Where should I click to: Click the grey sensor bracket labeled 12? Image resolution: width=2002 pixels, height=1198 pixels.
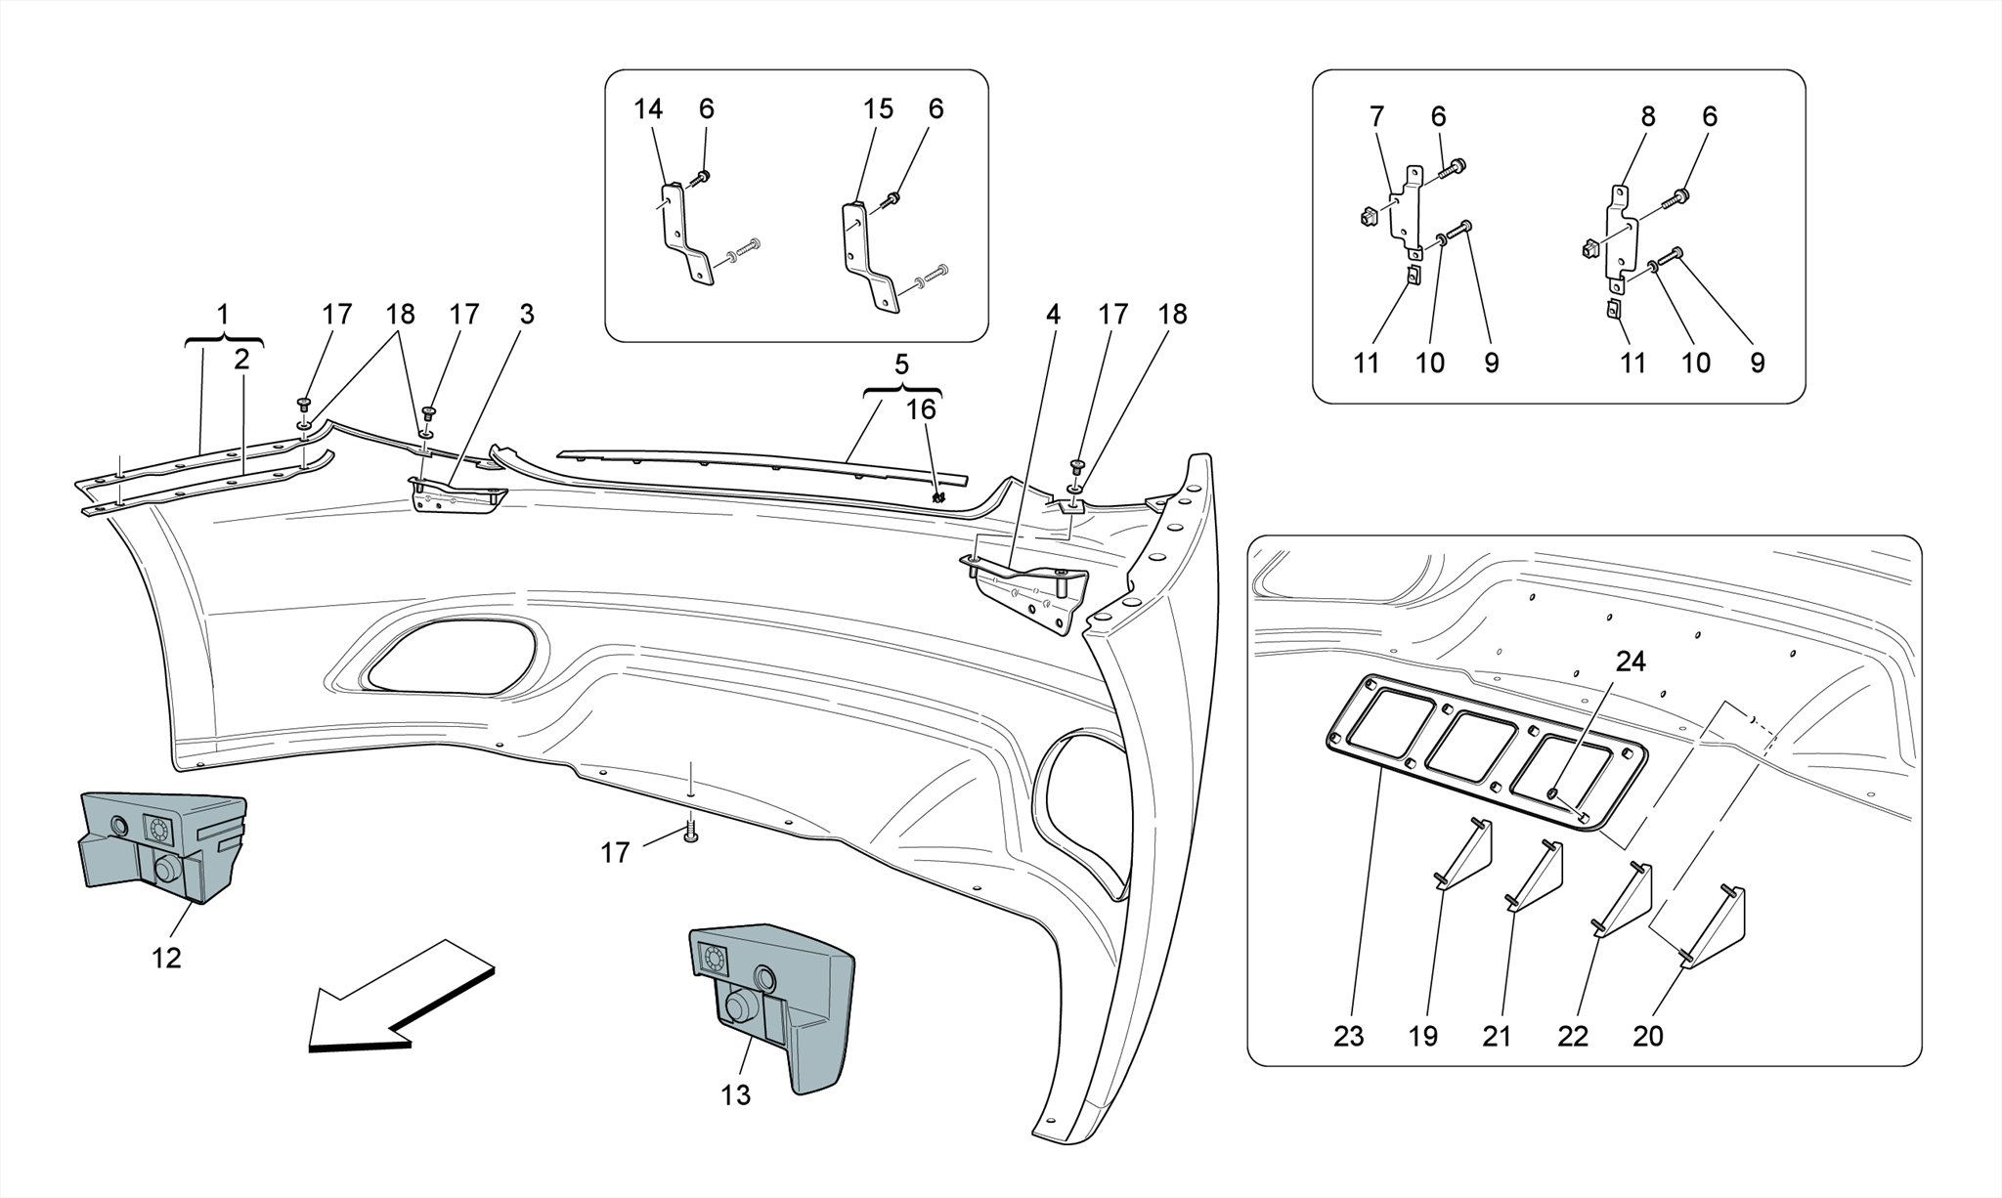[161, 845]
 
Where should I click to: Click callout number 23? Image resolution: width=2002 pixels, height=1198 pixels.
[1348, 1036]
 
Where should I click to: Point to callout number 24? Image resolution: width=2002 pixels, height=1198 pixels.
[1630, 662]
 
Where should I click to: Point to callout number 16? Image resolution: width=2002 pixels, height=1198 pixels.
[921, 408]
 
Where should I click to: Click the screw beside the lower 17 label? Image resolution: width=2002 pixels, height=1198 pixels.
[691, 834]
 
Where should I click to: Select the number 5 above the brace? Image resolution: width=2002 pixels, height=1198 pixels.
[901, 364]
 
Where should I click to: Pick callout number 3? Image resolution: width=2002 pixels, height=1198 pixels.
[527, 315]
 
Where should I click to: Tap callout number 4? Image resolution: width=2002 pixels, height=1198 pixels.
[1052, 315]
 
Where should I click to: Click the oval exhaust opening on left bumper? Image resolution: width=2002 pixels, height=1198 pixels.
[450, 657]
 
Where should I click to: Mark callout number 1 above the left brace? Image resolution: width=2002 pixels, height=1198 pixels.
[223, 315]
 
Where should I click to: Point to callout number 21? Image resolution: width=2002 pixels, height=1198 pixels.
[1497, 1036]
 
